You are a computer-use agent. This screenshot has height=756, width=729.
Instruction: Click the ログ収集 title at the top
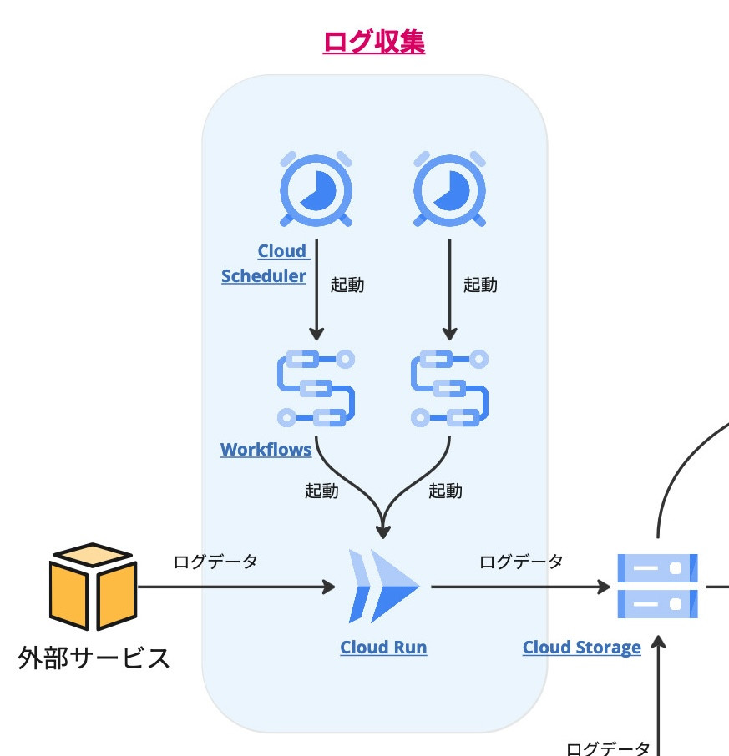[373, 42]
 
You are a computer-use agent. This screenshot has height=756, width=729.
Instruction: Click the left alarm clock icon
[316, 190]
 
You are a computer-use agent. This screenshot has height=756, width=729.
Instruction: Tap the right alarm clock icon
[450, 190]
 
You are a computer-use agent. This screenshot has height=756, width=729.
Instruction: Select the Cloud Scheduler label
[265, 264]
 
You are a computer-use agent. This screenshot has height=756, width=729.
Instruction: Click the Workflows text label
[266, 450]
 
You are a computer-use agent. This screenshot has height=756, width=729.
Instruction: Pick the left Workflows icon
[316, 388]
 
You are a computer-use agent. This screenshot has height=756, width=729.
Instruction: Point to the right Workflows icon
[450, 388]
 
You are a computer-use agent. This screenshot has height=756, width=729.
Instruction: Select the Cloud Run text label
[383, 648]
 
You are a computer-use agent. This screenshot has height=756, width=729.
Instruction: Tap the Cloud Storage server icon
[657, 586]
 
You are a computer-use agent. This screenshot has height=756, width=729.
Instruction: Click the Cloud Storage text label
[581, 648]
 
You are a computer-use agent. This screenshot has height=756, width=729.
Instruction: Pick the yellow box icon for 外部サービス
[92, 587]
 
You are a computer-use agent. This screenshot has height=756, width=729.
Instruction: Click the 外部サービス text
[94, 658]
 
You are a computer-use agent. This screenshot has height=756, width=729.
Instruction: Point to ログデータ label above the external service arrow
[215, 562]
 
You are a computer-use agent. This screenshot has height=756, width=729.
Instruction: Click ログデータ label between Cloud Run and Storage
[521, 562]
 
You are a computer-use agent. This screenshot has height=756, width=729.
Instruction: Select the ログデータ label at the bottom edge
[608, 748]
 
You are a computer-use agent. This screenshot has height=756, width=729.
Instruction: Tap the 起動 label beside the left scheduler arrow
[347, 285]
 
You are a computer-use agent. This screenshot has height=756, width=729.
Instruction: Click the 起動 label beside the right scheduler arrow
[480, 285]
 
